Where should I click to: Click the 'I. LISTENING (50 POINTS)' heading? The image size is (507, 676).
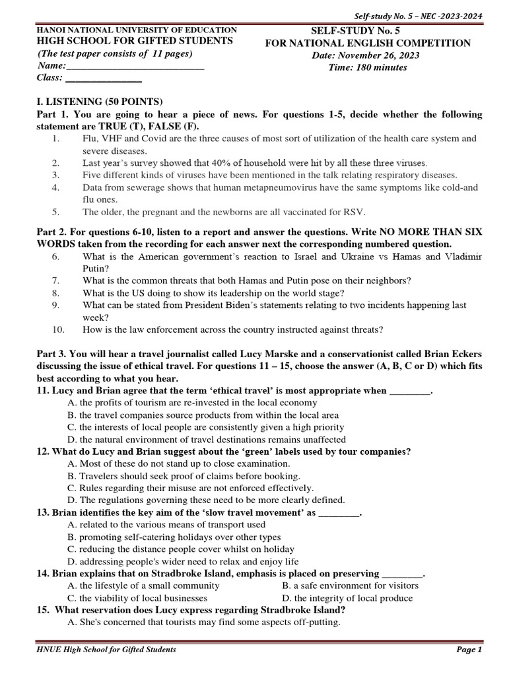pos(99,102)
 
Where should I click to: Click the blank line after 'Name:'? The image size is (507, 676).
pos(135,67)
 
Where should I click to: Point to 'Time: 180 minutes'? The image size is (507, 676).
pos(368,67)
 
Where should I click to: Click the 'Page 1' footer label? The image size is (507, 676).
pos(469,650)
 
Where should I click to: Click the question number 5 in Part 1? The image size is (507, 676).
pos(57,212)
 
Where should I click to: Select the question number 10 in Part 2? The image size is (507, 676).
pos(58,329)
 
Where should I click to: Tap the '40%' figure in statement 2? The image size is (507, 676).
pos(205,162)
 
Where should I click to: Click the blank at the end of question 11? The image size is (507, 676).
pos(409,391)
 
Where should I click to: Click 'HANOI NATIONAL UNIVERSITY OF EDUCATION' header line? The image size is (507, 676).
pos(137,30)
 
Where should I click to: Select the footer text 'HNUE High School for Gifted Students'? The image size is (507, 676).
pos(106,650)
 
